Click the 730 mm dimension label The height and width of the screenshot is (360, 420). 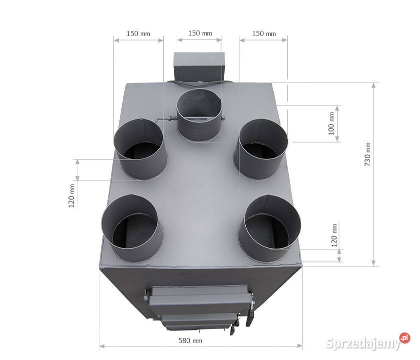point(368,154)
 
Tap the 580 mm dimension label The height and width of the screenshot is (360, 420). point(190,340)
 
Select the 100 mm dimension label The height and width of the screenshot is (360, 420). point(331,123)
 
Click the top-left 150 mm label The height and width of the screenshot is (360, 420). point(138,33)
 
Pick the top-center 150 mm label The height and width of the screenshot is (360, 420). point(200,33)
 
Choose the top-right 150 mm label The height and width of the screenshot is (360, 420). point(264,33)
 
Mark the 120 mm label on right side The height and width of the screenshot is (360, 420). point(335,235)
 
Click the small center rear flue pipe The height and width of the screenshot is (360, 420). point(199,115)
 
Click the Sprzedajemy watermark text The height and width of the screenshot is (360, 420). point(363,343)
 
